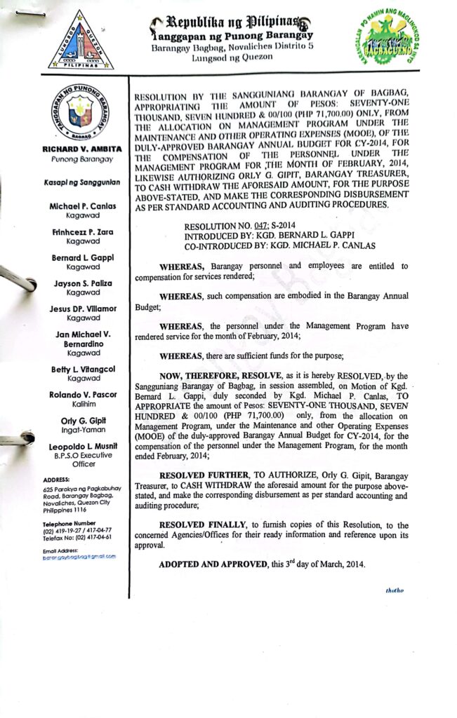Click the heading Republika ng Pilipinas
[x=232, y=22]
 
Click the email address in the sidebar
[x=79, y=556]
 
